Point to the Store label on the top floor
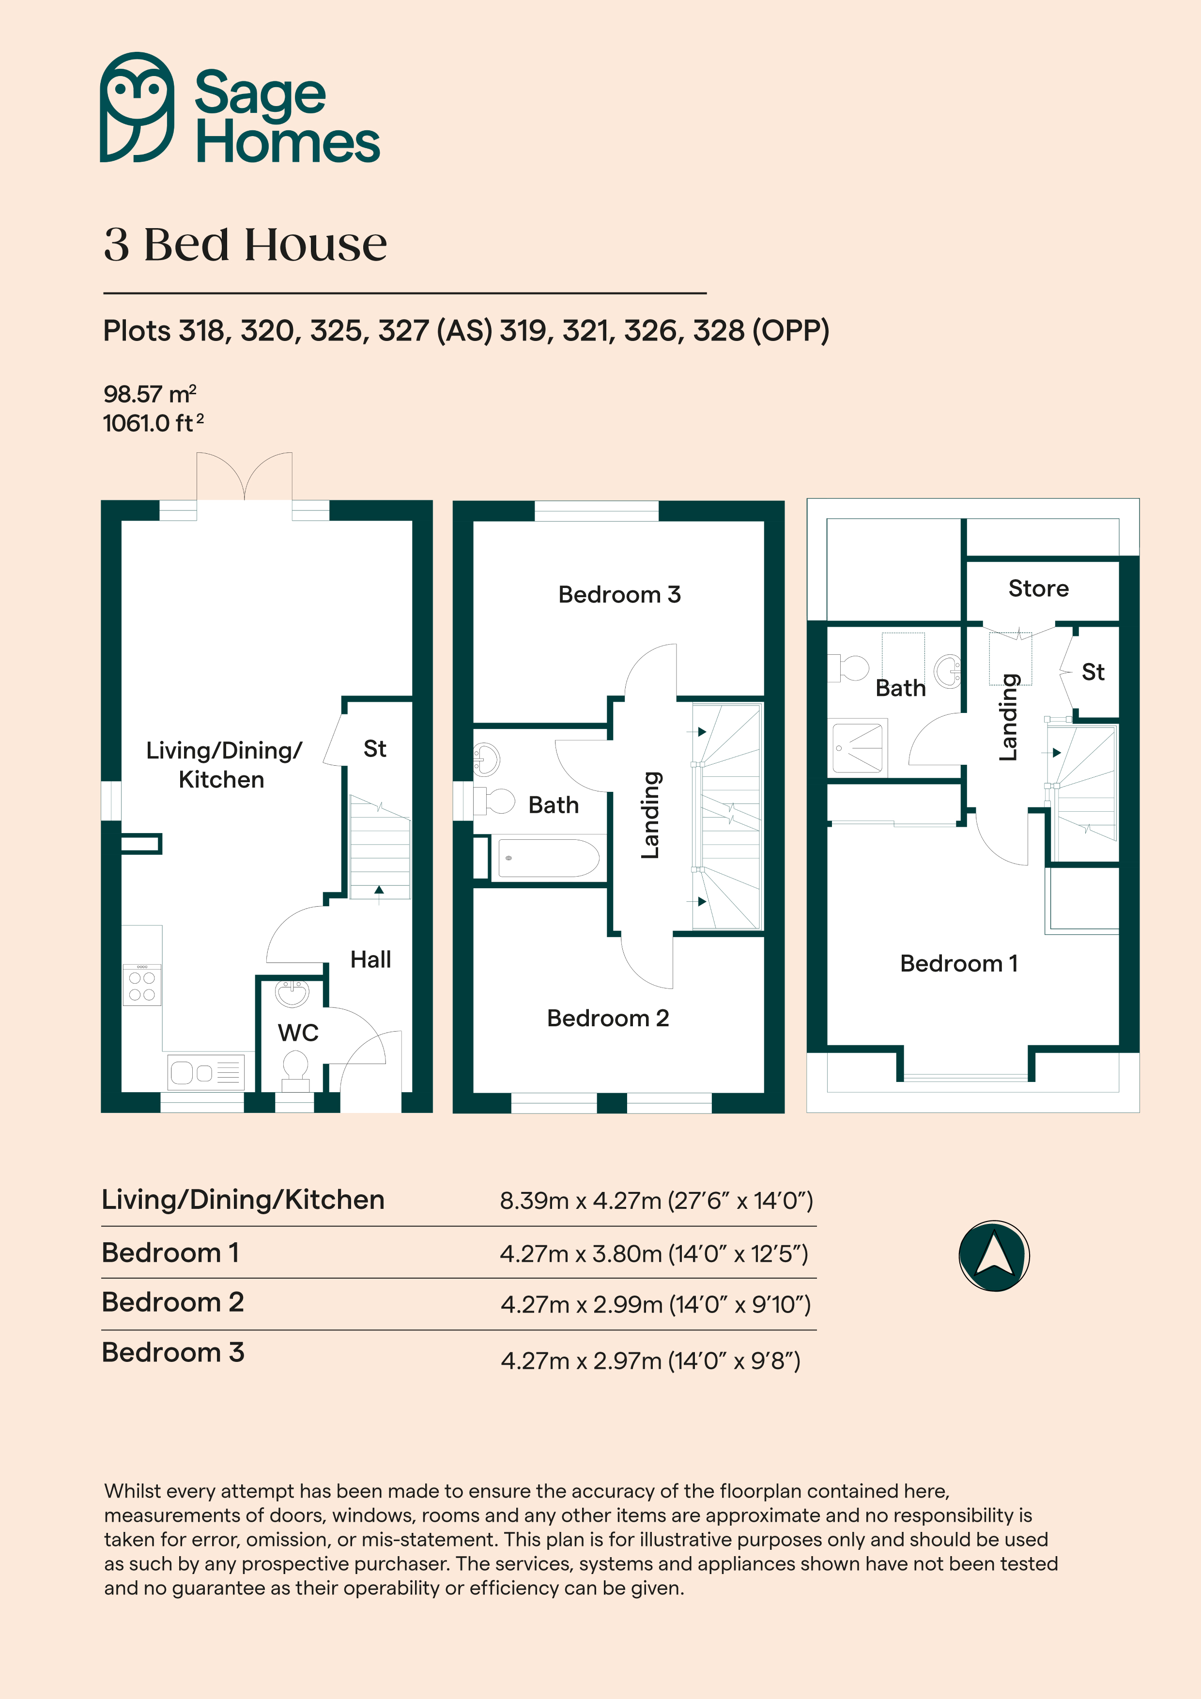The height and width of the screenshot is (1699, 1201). (1038, 588)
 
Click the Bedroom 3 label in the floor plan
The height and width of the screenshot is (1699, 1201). (619, 594)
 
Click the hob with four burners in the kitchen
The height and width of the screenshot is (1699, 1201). (142, 985)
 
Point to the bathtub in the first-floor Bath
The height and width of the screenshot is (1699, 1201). (548, 858)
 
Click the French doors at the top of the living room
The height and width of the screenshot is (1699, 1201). (244, 477)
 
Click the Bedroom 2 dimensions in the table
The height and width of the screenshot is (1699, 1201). (656, 1305)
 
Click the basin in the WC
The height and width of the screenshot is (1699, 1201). (293, 992)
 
